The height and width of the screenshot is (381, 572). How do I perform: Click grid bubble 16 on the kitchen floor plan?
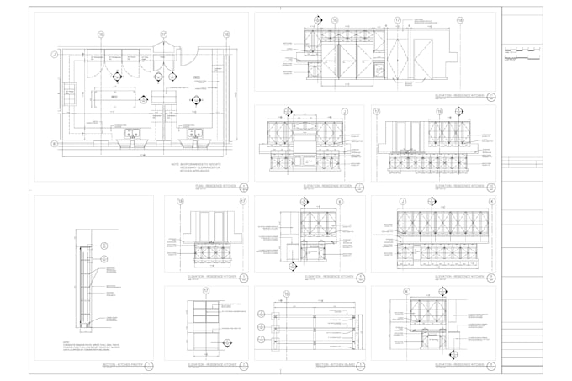(x=101, y=34)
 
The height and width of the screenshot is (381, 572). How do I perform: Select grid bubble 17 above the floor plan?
(x=163, y=34)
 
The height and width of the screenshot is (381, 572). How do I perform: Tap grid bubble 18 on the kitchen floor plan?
(x=226, y=34)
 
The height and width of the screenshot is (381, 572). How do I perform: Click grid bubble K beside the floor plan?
(x=54, y=143)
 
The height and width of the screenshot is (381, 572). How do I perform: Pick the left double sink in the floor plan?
(x=133, y=134)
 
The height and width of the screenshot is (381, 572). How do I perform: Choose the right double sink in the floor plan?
(x=195, y=134)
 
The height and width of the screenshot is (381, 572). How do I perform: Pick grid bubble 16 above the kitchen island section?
(x=286, y=294)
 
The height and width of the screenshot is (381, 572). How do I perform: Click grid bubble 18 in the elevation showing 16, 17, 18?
(x=460, y=20)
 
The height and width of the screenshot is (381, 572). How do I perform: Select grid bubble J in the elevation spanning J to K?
(x=403, y=202)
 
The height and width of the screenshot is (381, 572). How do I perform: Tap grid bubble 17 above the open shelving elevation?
(x=205, y=291)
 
